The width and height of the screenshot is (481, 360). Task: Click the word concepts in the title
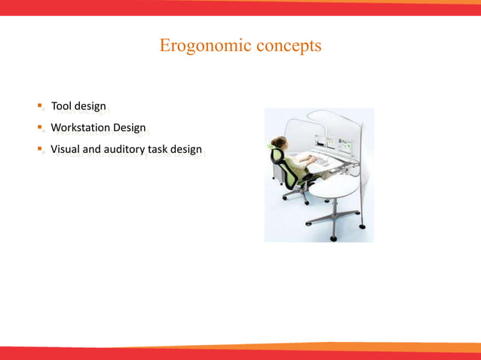tap(289, 46)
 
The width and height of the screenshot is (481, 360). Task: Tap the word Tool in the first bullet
tap(60, 107)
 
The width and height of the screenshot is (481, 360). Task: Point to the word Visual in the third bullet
tap(64, 149)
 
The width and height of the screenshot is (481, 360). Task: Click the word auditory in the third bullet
tap(124, 149)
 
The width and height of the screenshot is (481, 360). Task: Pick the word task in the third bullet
tap(158, 149)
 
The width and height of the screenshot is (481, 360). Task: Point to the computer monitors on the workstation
tap(332, 143)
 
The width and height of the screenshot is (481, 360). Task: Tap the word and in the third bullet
tap(90, 149)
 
